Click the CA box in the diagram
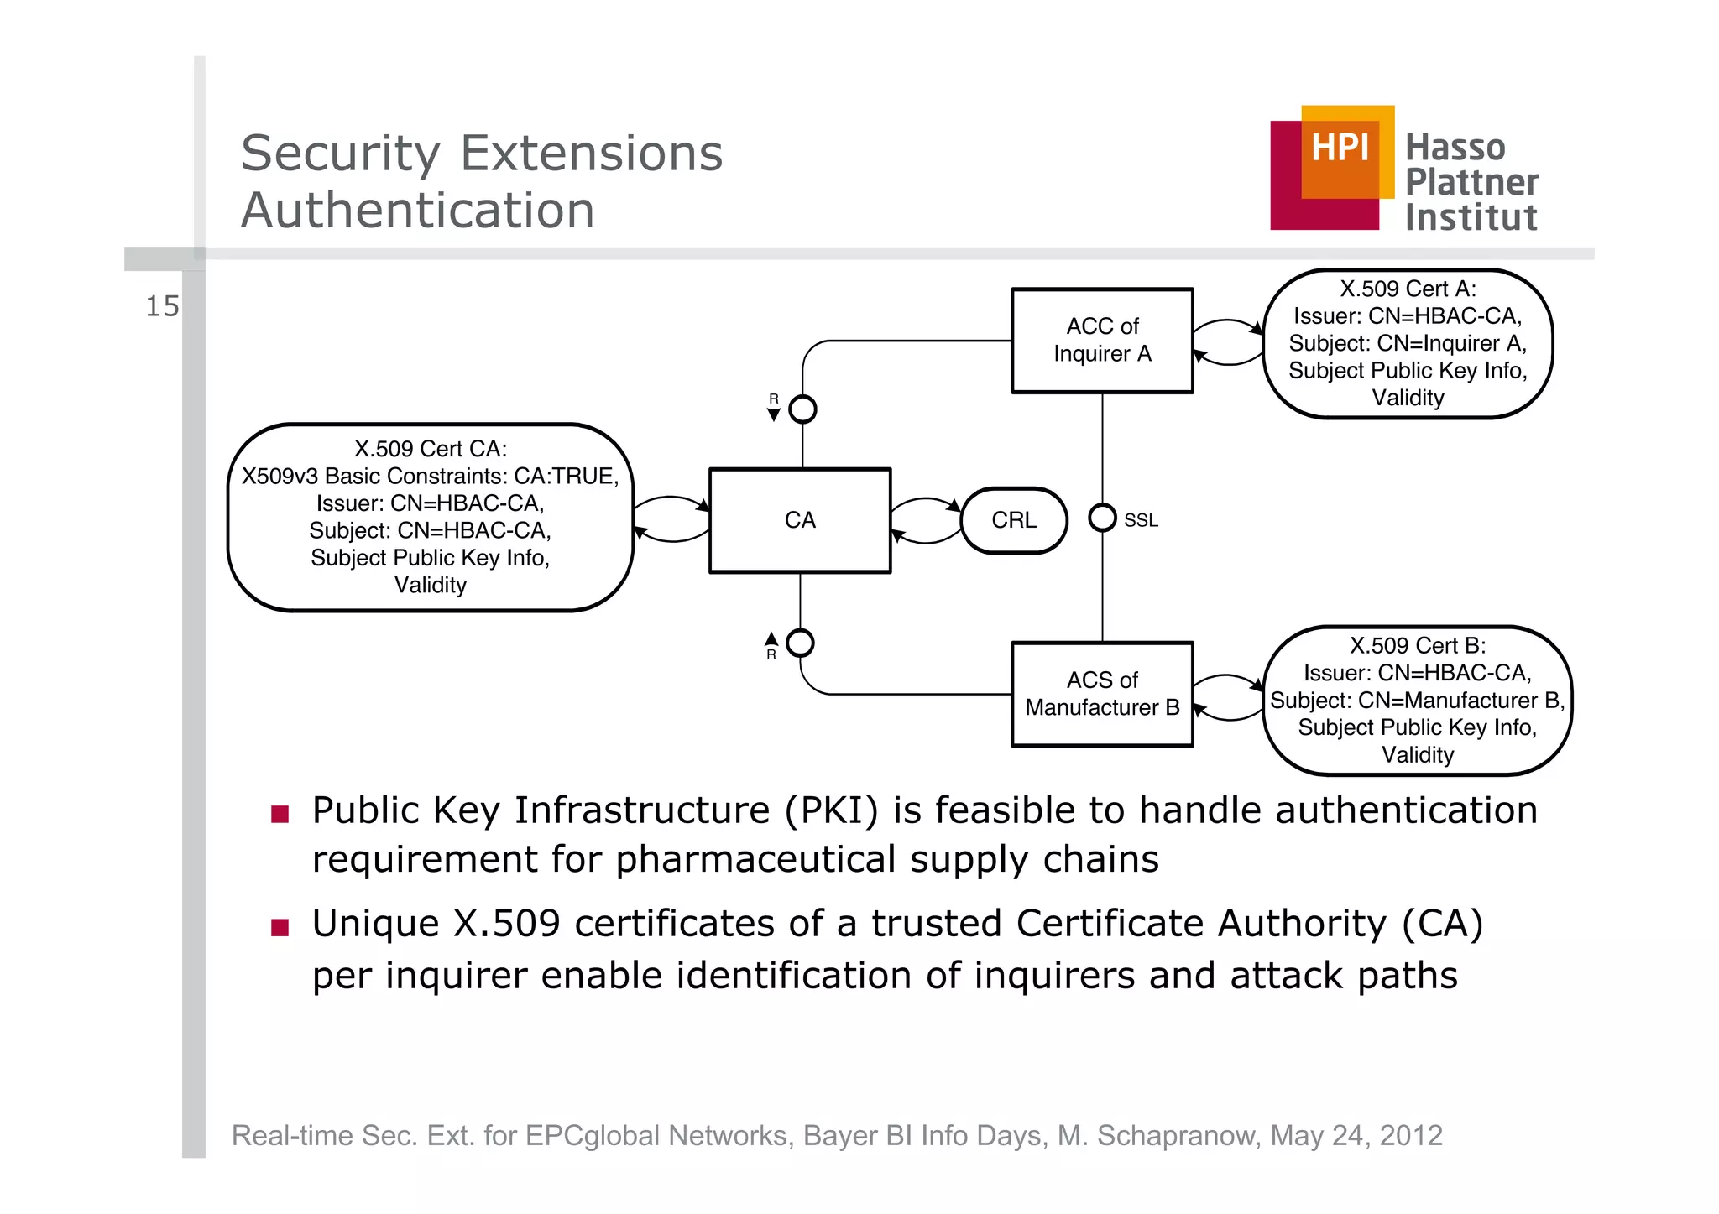pos(799,520)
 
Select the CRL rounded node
pos(1014,520)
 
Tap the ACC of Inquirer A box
pos(1102,340)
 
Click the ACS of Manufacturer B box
pos(1102,694)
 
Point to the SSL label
pos(1141,521)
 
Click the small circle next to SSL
pos(1102,518)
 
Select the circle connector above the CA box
pos(802,409)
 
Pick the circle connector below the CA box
pos(800,643)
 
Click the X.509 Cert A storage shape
pos(1408,343)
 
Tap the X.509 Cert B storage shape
pos(1417,700)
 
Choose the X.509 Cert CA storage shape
pos(431,517)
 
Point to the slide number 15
pos(162,306)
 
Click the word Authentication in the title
pos(418,210)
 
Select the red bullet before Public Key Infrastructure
pos(280,814)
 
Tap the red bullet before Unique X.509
pos(280,927)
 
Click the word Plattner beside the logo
pos(1471,182)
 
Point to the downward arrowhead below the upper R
pos(774,414)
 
